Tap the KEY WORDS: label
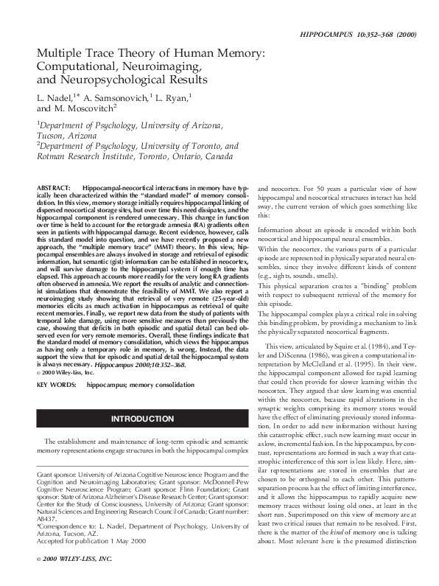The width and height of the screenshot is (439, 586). click(57, 385)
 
